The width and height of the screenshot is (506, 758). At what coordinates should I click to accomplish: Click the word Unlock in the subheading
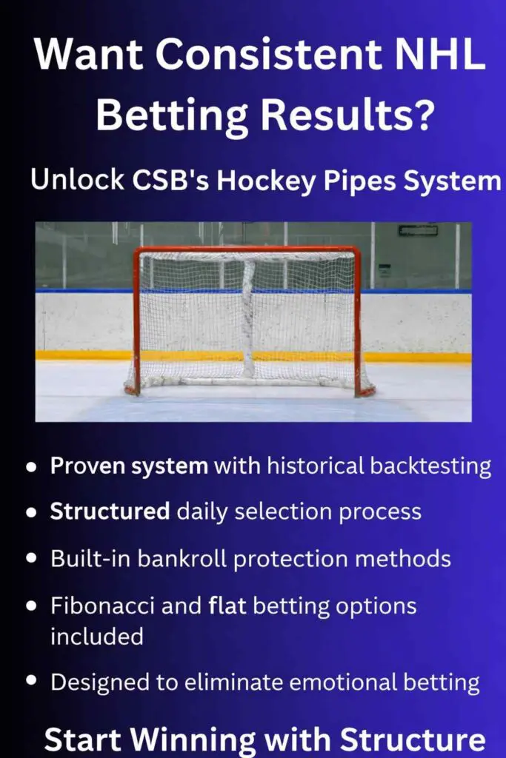coord(77,179)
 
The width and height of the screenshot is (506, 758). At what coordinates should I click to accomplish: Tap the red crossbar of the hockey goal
coord(247,250)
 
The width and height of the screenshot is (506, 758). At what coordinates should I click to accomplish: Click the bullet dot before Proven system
coord(32,467)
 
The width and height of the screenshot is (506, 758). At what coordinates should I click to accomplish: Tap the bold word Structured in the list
coord(110,512)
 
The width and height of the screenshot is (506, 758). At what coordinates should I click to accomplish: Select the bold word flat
coord(227,606)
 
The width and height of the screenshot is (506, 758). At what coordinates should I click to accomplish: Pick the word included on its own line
coord(97,636)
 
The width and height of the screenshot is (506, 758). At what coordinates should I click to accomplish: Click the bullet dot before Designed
coord(32,680)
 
